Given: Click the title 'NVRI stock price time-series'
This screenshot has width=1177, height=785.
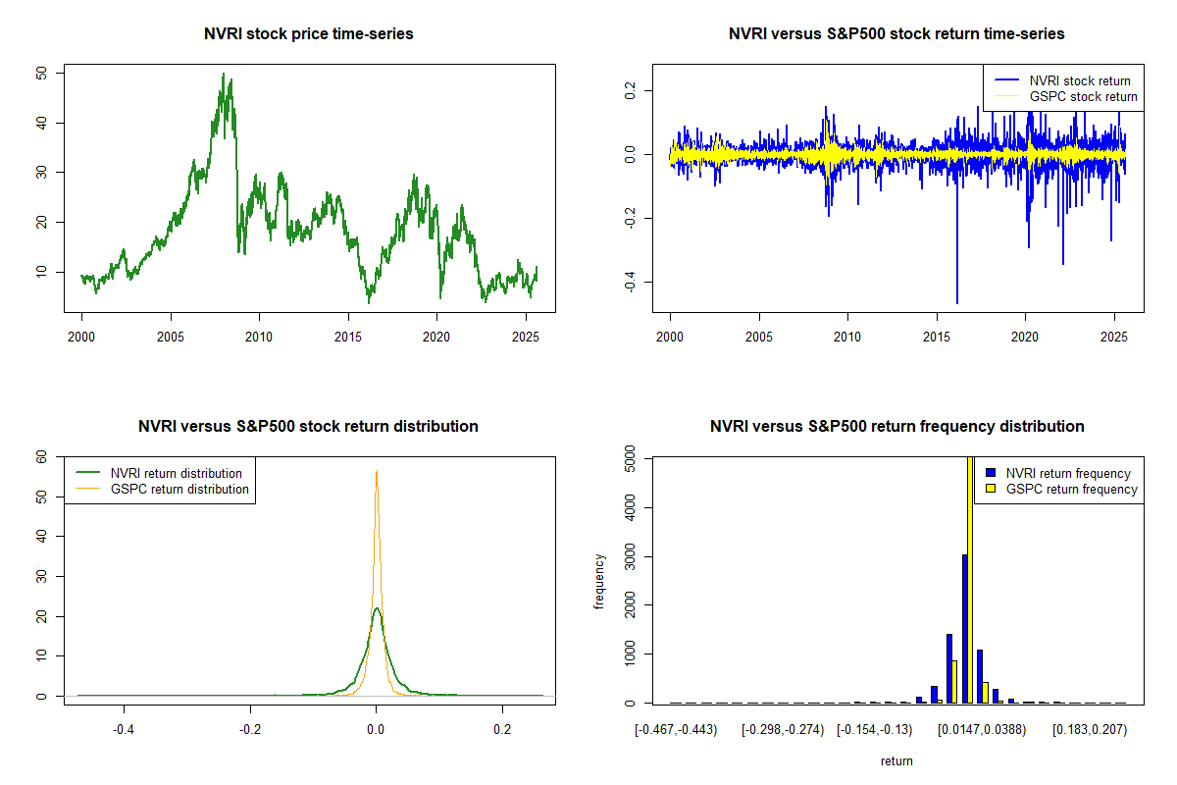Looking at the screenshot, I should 309,34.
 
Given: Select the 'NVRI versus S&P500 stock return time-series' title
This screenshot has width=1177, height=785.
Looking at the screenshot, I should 896,34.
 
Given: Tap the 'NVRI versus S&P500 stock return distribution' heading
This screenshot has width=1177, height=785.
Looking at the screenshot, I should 309,427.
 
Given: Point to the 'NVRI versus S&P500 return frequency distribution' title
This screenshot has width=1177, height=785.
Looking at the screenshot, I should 896,427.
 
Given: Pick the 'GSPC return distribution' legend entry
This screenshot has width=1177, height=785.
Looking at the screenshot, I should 179,490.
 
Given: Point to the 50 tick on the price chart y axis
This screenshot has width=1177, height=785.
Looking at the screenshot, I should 40,74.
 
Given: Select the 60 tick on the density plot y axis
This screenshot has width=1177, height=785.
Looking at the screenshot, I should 40,457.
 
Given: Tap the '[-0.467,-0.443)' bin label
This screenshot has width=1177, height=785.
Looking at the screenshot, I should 676,731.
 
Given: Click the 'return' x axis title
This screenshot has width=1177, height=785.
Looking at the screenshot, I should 896,761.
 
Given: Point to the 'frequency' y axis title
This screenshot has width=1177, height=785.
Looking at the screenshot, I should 599,581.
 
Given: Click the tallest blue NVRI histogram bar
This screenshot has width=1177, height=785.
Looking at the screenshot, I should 965,628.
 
